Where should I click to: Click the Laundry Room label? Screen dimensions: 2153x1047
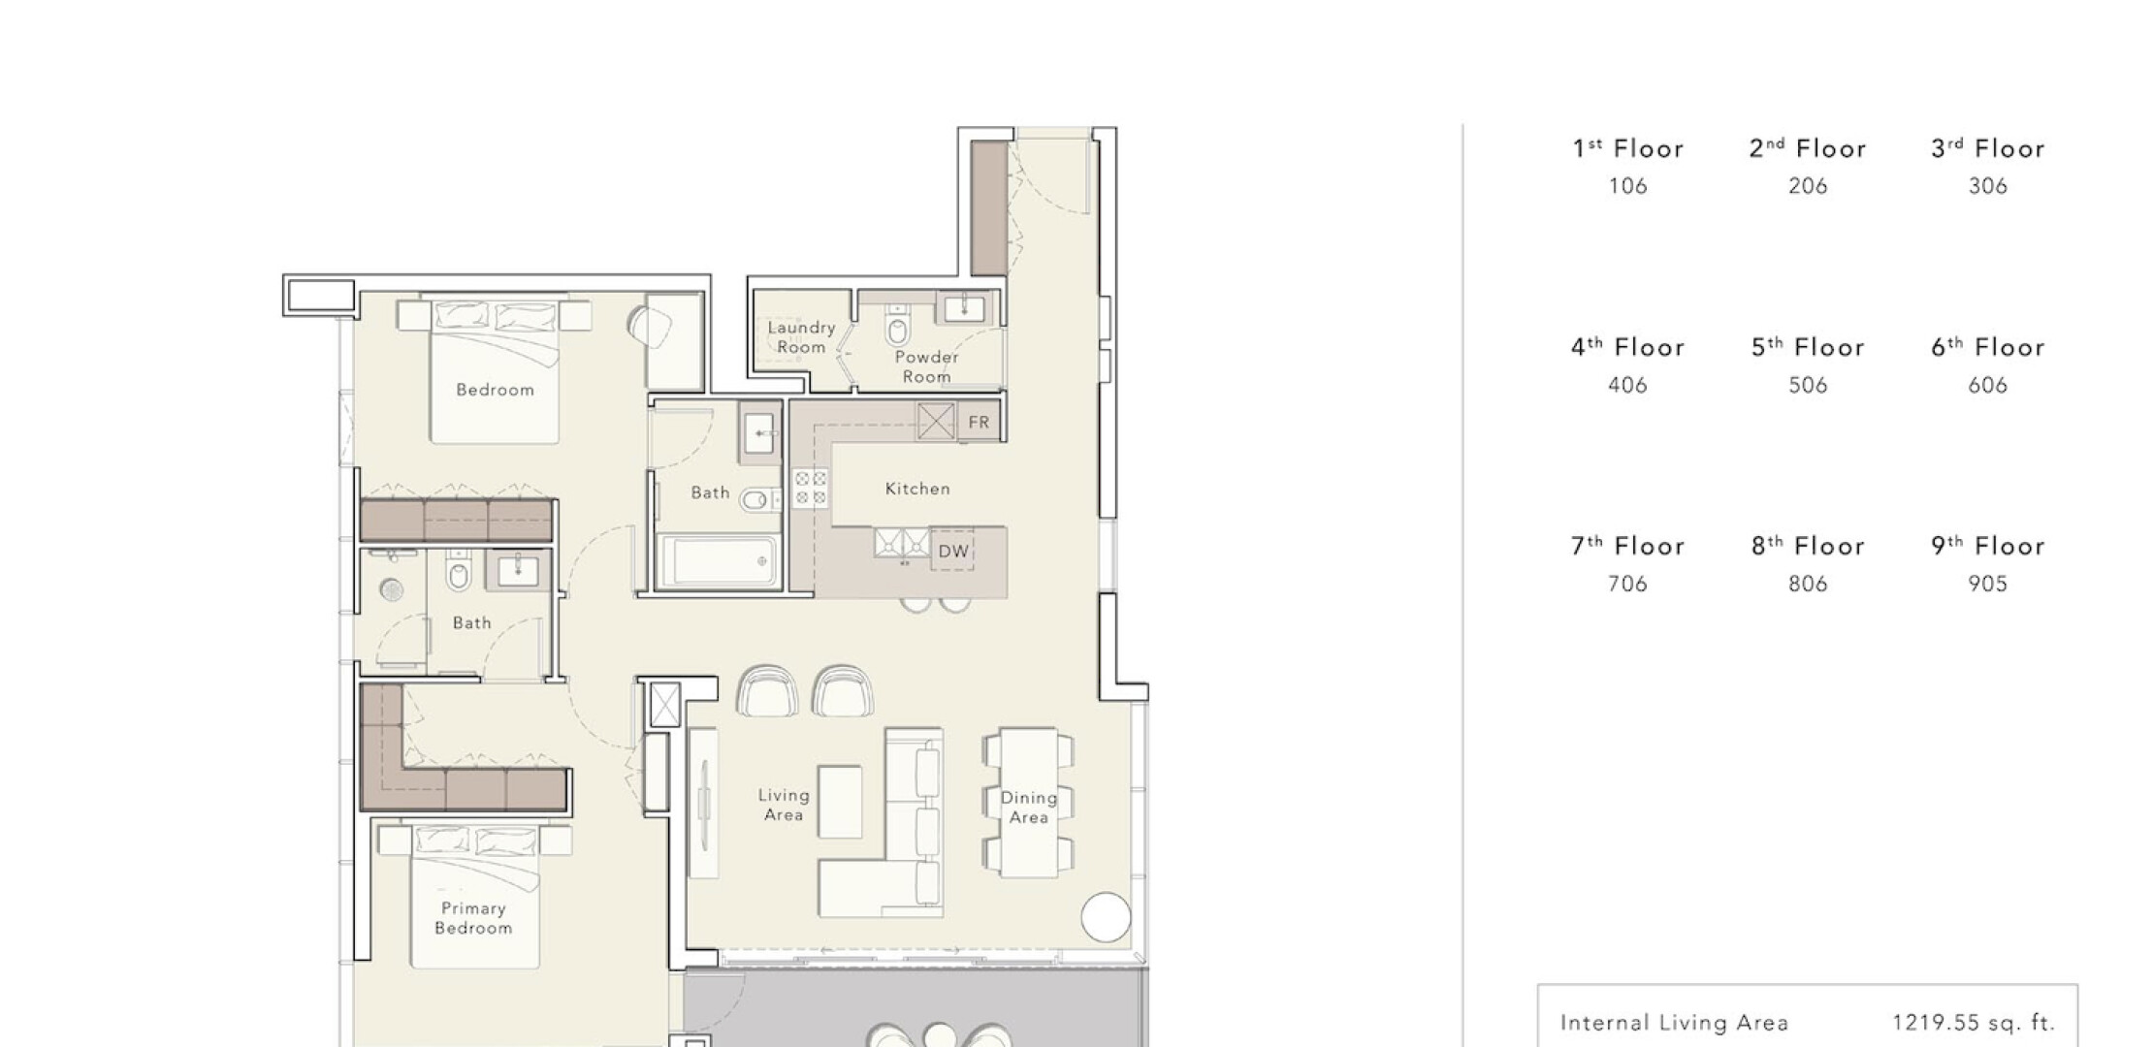click(x=801, y=337)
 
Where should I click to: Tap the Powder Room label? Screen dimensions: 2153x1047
click(x=926, y=366)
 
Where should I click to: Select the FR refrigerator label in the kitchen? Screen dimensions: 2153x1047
click(x=979, y=422)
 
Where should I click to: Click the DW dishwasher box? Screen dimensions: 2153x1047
click(x=953, y=551)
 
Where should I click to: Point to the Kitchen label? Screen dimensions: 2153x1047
click(x=917, y=489)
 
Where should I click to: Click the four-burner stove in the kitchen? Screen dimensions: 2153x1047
click(x=811, y=488)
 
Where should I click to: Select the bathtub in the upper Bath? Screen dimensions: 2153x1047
click(x=719, y=560)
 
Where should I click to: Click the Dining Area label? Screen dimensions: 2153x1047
click(x=1029, y=808)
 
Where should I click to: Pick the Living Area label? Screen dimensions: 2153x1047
click(x=784, y=805)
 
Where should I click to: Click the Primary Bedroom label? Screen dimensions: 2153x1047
click(x=473, y=918)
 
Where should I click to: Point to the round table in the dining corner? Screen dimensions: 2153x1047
click(x=1106, y=916)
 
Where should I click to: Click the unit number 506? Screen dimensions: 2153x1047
click(x=1808, y=385)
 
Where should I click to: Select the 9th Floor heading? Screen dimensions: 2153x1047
click(x=1988, y=546)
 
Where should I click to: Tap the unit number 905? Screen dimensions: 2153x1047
click(x=1988, y=584)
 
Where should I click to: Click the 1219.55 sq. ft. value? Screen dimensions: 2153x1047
click(x=1974, y=1022)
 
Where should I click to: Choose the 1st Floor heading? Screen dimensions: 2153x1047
click(x=1628, y=148)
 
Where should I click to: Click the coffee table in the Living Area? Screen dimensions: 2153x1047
click(x=840, y=802)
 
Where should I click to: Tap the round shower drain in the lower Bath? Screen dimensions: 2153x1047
click(x=391, y=589)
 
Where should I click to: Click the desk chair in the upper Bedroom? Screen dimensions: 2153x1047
click(x=650, y=327)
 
